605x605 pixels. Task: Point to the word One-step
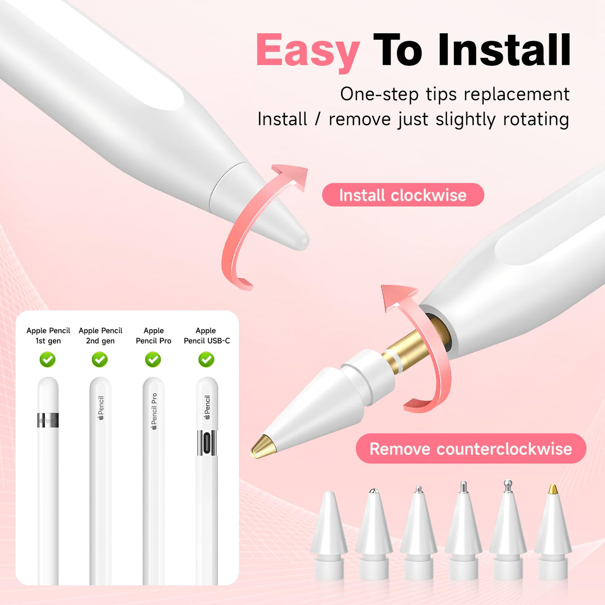pos(379,94)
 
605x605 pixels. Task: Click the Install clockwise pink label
pos(403,195)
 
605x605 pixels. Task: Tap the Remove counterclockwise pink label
pos(471,448)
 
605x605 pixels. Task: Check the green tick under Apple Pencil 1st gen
pos(48,360)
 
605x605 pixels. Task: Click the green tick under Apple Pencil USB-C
pos(207,360)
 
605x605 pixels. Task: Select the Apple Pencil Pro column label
pos(153,336)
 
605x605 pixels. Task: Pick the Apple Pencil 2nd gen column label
pos(100,336)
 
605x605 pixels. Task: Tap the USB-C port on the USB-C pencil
pos(207,443)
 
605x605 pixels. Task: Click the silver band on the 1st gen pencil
pos(48,420)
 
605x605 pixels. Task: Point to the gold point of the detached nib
pos(262,446)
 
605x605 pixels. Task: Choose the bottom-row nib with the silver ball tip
pos(508,531)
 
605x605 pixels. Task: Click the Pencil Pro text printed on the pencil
pos(154,411)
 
